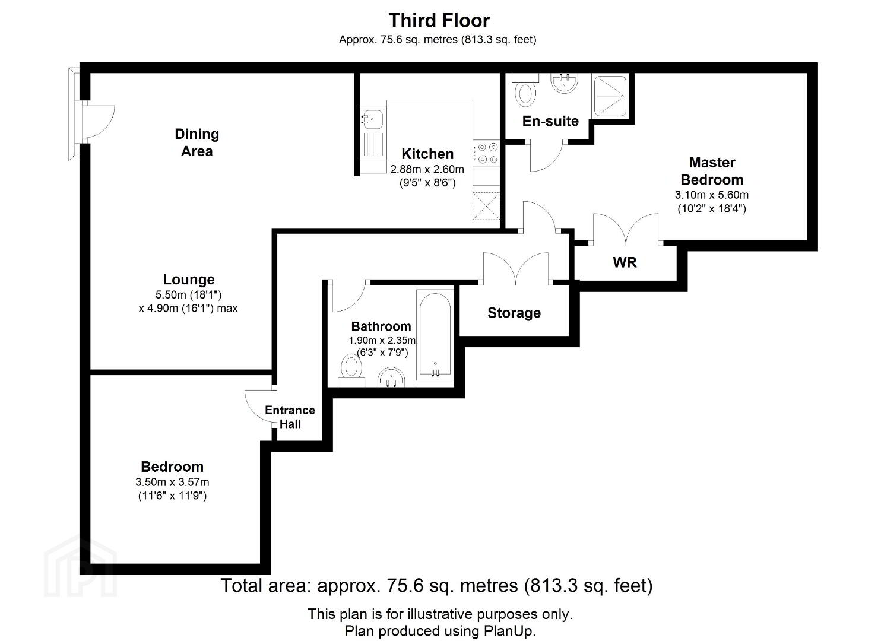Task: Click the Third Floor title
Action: click(x=439, y=20)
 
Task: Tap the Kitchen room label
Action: click(x=427, y=154)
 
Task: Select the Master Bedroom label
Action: click(x=712, y=171)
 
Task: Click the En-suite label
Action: click(x=550, y=121)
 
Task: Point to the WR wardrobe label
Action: click(x=625, y=262)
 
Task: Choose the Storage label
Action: click(x=514, y=313)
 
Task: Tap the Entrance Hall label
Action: click(x=290, y=417)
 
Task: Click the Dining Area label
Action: click(x=197, y=142)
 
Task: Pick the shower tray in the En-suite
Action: click(x=610, y=96)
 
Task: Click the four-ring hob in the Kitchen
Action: click(x=487, y=153)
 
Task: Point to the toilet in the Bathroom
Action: click(x=351, y=370)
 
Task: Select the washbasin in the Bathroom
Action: click(x=391, y=377)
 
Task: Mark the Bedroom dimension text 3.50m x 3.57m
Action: click(x=172, y=482)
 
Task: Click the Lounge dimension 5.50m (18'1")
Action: click(x=188, y=294)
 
